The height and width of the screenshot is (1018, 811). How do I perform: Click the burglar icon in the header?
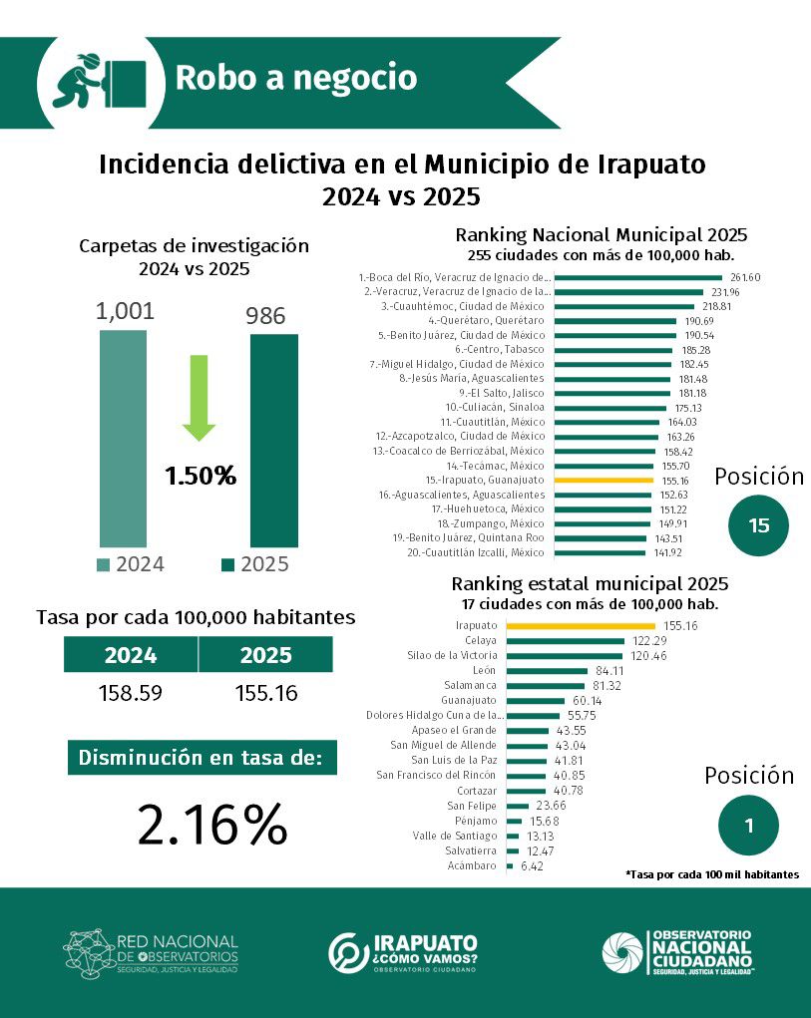click(99, 79)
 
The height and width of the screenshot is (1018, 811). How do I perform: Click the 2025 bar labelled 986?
click(273, 441)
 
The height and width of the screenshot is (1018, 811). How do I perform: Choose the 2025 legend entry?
click(254, 564)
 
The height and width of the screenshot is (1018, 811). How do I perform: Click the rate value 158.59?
click(131, 693)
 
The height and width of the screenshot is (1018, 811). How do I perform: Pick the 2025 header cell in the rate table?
click(265, 655)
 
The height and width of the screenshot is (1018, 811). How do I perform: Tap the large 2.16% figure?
click(212, 824)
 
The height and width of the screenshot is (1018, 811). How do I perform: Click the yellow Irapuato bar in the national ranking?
click(604, 480)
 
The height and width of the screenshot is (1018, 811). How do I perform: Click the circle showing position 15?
click(759, 525)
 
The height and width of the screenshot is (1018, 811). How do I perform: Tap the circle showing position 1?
click(748, 825)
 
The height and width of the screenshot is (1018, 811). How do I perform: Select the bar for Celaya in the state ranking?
click(565, 640)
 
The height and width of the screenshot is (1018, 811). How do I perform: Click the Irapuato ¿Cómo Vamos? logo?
click(403, 952)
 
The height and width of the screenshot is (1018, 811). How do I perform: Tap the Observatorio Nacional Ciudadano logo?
click(676, 952)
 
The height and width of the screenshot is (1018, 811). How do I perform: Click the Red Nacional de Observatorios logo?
click(152, 952)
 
